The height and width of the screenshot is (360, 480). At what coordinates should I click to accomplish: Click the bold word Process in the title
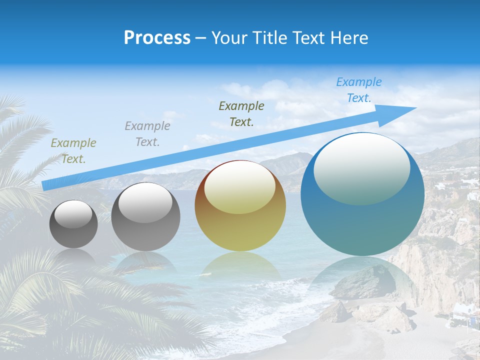coord(157,38)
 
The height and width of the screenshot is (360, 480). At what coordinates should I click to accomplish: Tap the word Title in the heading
coord(266,38)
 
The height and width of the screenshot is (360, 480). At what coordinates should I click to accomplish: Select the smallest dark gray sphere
coord(73,224)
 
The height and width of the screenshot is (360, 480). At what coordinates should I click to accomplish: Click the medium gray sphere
coord(145,217)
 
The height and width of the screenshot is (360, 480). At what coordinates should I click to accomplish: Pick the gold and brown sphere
coord(240,206)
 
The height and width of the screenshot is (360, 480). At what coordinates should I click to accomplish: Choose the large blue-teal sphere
coord(362,195)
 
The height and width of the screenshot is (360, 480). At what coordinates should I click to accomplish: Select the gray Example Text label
coord(147,134)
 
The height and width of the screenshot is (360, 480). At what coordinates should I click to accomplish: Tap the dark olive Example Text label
coord(241,113)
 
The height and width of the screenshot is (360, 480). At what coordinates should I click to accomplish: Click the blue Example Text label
coord(358,90)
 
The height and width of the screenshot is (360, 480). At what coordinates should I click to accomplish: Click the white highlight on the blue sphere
coord(361,168)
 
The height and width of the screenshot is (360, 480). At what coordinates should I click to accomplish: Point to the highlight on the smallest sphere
coord(73,214)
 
